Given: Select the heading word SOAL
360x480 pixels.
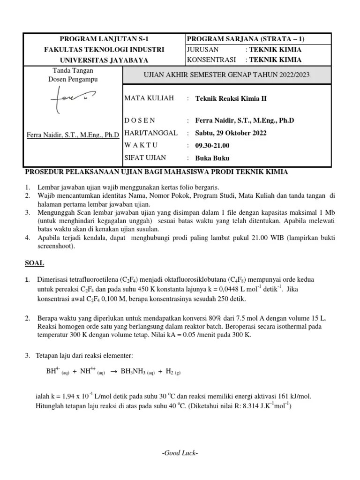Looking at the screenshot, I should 35,263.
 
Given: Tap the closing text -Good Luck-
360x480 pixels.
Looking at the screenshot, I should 180,453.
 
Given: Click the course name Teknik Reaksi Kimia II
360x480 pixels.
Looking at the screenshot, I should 231,98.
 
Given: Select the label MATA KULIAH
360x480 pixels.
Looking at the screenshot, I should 149,98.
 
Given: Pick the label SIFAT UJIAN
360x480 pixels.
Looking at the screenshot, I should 145,157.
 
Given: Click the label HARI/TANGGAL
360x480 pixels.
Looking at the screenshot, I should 150,133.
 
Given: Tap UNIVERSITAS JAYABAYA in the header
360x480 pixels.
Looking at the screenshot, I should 104,60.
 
